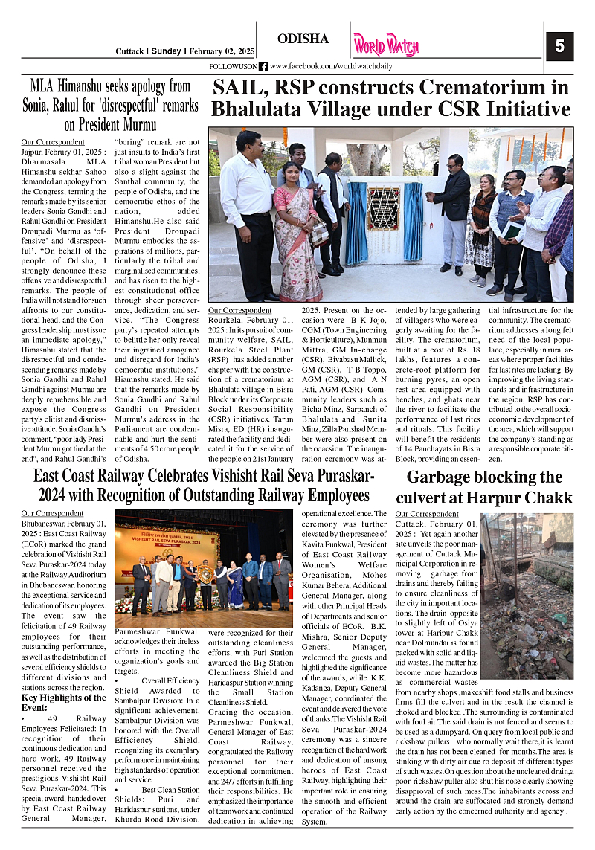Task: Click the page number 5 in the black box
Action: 559,46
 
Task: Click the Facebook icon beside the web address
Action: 263,67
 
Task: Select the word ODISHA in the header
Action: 303,39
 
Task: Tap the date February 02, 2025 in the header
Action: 221,51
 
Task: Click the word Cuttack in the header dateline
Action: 129,51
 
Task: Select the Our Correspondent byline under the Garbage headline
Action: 427,514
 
